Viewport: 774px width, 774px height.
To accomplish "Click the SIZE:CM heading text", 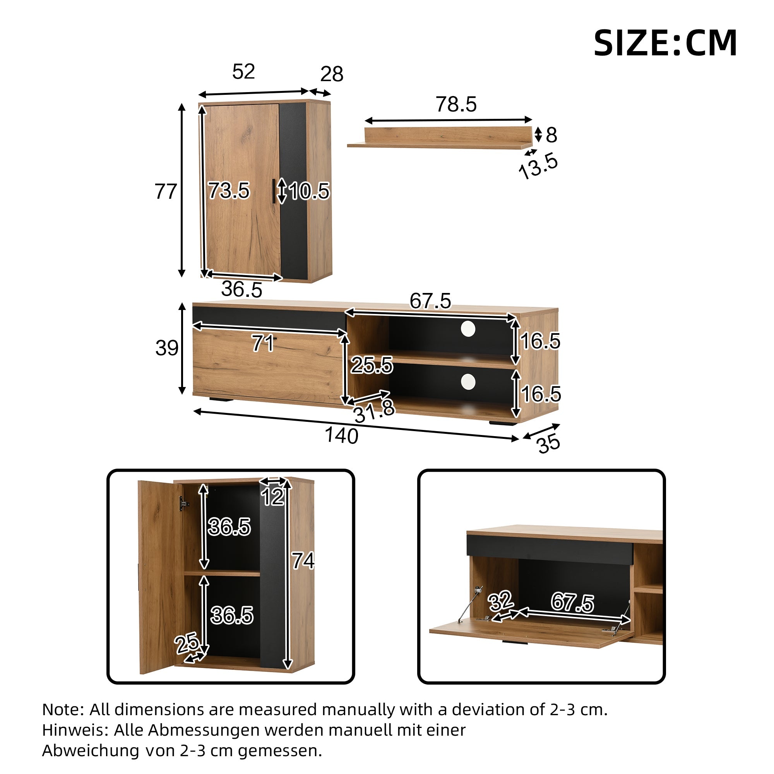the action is click(x=665, y=43).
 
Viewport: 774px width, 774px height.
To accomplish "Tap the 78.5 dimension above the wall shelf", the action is click(x=456, y=104).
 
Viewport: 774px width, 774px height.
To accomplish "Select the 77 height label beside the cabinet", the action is click(x=166, y=192).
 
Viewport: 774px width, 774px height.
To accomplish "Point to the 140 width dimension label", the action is click(x=341, y=435).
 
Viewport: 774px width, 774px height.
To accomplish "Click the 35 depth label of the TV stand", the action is click(x=548, y=444).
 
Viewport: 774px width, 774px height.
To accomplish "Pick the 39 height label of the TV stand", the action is click(x=167, y=348).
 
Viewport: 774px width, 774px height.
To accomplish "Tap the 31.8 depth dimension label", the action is click(x=374, y=411).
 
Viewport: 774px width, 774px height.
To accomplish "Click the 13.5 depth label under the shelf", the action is click(x=538, y=166).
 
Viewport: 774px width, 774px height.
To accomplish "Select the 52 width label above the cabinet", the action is click(x=243, y=71).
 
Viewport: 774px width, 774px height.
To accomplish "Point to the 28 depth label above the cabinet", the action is click(x=332, y=74).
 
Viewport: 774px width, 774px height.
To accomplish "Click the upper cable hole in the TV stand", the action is click(x=468, y=329).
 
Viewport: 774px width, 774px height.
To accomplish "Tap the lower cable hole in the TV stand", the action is click(x=468, y=382).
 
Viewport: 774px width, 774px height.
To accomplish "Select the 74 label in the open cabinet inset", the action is click(x=303, y=560).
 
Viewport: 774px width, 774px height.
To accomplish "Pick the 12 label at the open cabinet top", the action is click(x=273, y=497).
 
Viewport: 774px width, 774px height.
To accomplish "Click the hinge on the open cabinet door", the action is click(x=184, y=503).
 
